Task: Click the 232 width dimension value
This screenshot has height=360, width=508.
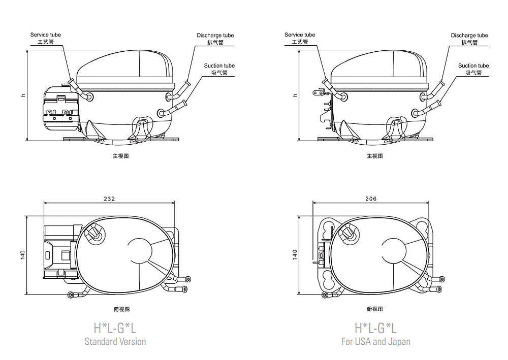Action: (109, 199)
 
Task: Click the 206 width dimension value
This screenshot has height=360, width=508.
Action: (371, 199)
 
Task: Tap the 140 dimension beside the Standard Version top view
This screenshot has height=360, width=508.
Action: (23, 255)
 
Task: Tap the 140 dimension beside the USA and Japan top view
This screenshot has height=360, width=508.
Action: (295, 255)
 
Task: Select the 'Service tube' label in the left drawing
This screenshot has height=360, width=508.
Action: (45, 35)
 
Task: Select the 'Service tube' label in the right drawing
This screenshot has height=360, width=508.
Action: (300, 35)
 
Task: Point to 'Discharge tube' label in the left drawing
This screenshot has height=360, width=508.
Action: (215, 35)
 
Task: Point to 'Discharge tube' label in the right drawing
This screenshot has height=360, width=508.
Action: (469, 35)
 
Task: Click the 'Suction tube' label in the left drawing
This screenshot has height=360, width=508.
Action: (219, 66)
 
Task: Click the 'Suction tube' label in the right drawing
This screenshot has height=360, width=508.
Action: (473, 66)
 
